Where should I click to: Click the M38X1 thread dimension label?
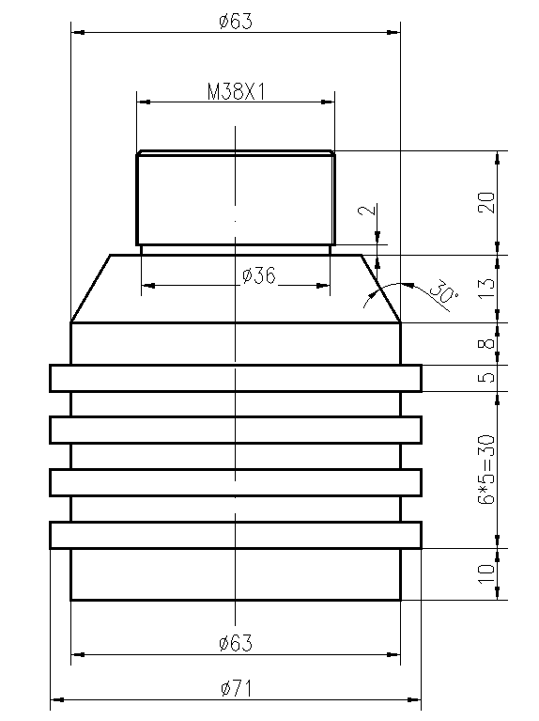click(x=235, y=91)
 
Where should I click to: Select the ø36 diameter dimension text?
click(x=258, y=275)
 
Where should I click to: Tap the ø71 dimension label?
click(x=236, y=688)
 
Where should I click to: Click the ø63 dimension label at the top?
click(x=235, y=22)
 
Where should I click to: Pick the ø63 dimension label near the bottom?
click(x=235, y=643)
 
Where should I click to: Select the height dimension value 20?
click(x=485, y=202)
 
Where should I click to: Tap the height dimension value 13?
click(x=485, y=289)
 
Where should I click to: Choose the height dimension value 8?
click(x=485, y=344)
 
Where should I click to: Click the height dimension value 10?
click(x=485, y=573)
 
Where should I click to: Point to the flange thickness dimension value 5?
click(x=485, y=378)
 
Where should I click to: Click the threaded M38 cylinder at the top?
click(x=188, y=197)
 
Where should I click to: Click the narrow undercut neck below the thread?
click(x=188, y=250)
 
